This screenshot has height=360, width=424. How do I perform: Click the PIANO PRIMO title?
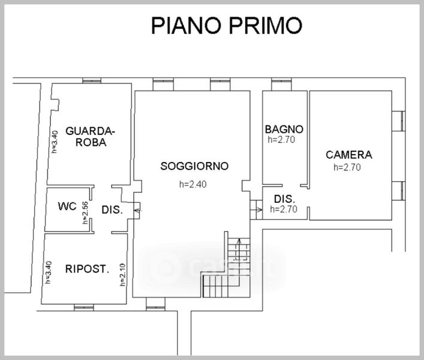coord(226,25)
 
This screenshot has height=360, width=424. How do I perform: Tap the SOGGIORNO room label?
coord(194,166)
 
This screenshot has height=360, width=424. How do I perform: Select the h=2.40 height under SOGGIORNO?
coord(193,184)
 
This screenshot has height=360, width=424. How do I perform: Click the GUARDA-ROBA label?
coord(91,137)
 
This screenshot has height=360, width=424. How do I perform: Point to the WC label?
coord(67,206)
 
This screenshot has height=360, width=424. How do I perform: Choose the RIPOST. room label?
coord(87,269)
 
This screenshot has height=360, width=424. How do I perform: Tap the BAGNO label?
coord(284,129)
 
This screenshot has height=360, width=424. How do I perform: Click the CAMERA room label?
coord(349,155)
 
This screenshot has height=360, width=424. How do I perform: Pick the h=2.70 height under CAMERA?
coord(347,167)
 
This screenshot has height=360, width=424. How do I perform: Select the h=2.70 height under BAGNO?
coord(281,140)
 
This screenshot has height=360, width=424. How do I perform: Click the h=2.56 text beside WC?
coord(85,212)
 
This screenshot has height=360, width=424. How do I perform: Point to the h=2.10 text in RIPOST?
coord(122,275)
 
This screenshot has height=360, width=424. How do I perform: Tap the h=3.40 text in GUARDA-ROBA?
coord(55,142)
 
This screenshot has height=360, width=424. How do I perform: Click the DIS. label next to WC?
coord(112,210)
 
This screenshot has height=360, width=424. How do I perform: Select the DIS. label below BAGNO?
coord(285,199)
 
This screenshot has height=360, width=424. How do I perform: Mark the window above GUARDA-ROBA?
coord(92,80)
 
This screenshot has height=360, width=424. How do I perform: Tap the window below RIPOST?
coord(84,308)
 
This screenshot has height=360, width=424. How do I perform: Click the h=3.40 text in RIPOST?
coord(49,272)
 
